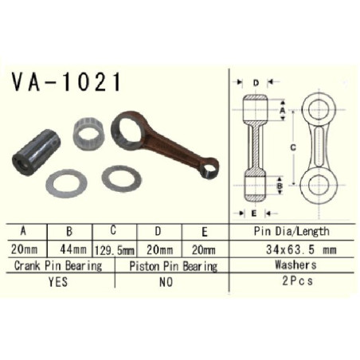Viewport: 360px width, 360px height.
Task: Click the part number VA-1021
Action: coord(66,82)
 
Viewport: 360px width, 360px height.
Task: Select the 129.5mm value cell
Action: coord(115,250)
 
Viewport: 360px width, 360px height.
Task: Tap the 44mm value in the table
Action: coord(73,249)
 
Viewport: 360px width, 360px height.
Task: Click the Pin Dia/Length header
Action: coord(292,231)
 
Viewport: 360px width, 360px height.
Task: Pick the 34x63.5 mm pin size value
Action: coord(301,249)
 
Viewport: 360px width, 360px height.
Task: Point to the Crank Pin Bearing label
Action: coord(58,266)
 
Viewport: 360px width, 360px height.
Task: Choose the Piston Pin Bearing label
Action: coord(173,266)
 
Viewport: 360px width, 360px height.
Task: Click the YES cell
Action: coord(58,282)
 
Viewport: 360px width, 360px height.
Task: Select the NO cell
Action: coord(166,282)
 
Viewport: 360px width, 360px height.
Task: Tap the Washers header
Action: coord(295,264)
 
